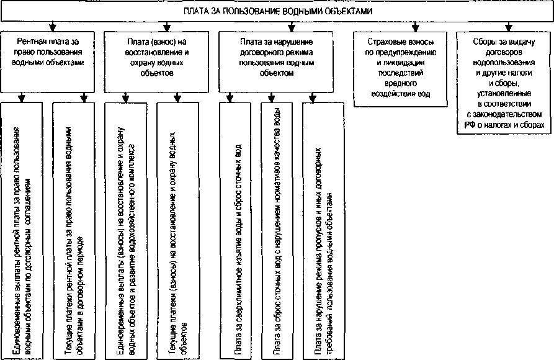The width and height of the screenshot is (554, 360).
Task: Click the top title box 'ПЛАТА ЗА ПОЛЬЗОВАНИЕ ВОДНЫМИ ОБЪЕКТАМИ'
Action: (x=277, y=12)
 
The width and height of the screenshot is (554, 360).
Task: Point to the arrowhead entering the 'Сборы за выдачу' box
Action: (x=508, y=27)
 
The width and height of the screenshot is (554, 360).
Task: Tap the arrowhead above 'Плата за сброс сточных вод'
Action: (x=271, y=98)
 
